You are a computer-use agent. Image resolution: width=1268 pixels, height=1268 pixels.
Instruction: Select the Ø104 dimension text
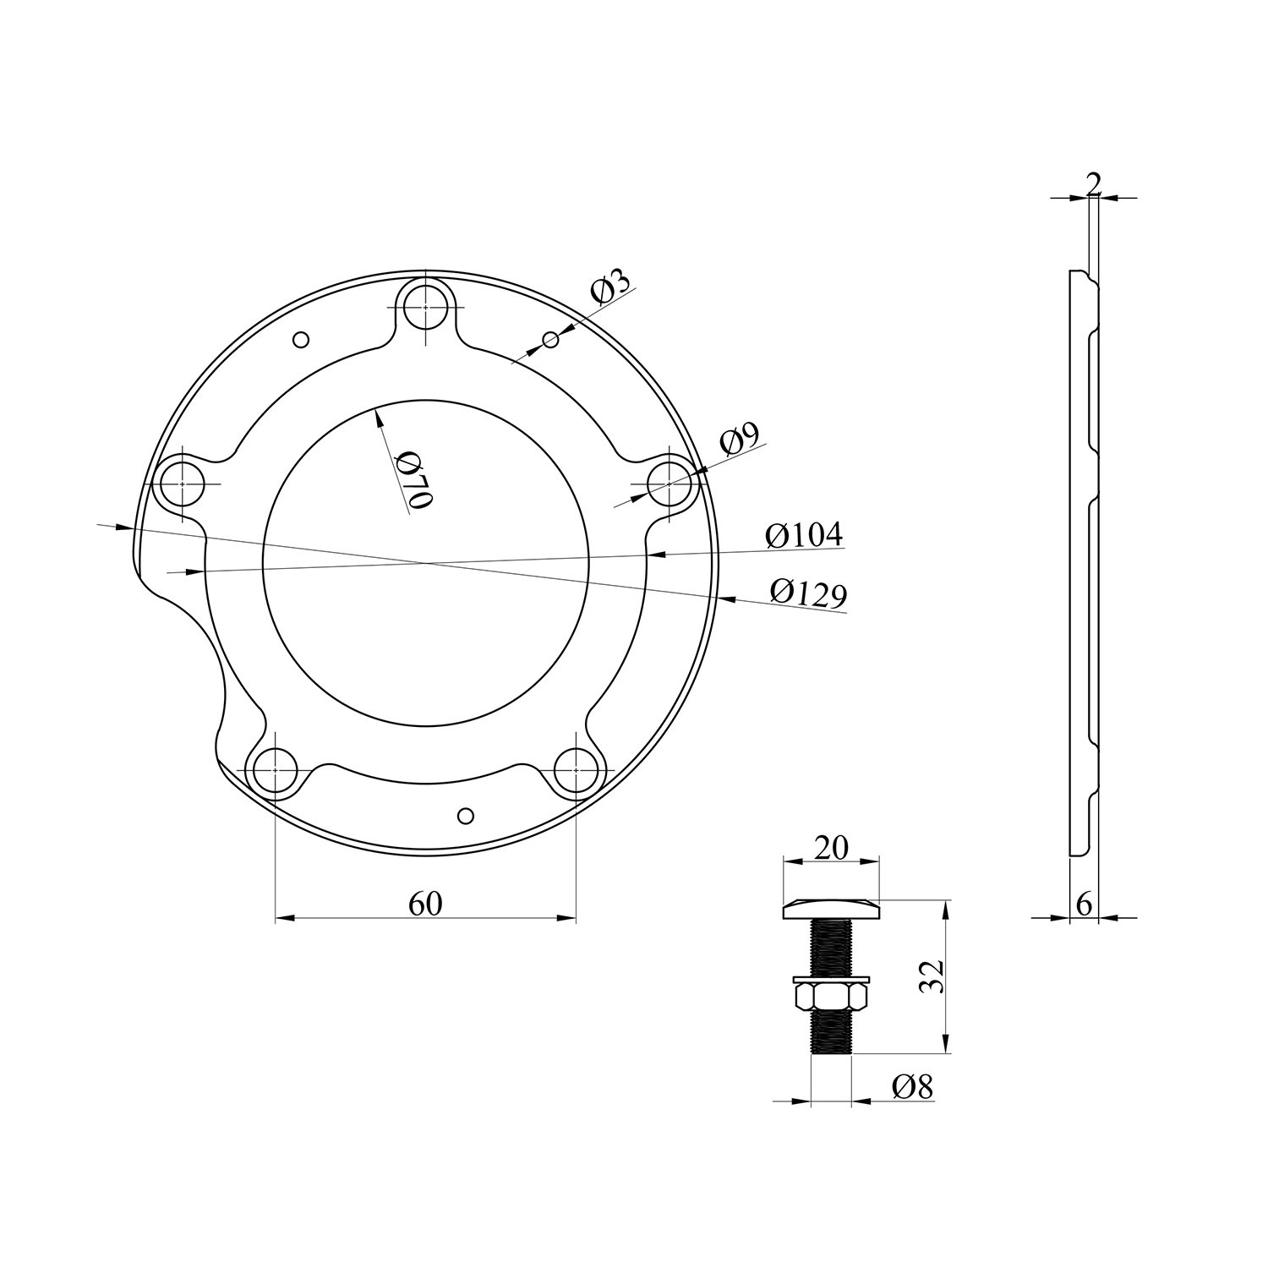click(x=804, y=535)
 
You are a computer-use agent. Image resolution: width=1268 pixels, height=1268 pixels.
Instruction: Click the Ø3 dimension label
click(x=610, y=287)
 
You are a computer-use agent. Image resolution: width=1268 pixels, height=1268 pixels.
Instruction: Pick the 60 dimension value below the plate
click(x=425, y=904)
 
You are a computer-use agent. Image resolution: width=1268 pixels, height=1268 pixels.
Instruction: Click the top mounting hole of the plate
click(x=426, y=305)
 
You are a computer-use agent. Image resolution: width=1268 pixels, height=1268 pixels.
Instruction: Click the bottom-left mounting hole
click(x=276, y=770)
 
